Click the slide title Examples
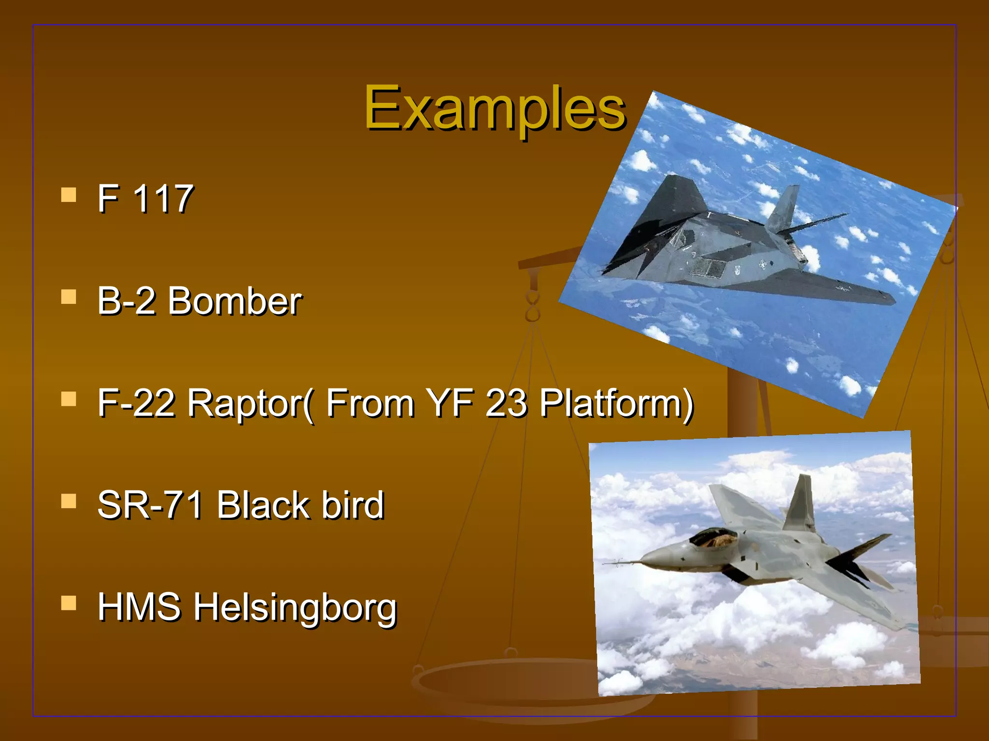494,109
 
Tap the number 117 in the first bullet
162,199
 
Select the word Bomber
235,301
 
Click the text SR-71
150,505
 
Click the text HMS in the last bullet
139,607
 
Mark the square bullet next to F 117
69,195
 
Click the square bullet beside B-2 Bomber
69,297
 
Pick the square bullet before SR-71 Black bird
69,501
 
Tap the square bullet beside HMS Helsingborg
69,603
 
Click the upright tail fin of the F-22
801,504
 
